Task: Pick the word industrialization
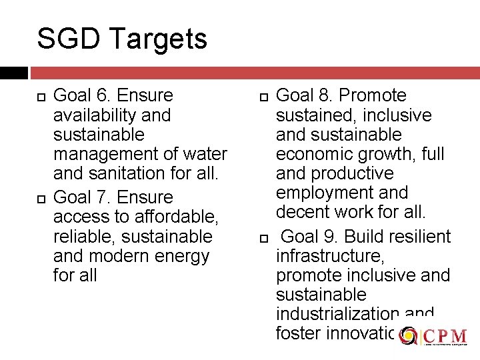pyautogui.click(x=337, y=314)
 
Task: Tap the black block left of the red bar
pyautogui.click(x=13, y=73)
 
